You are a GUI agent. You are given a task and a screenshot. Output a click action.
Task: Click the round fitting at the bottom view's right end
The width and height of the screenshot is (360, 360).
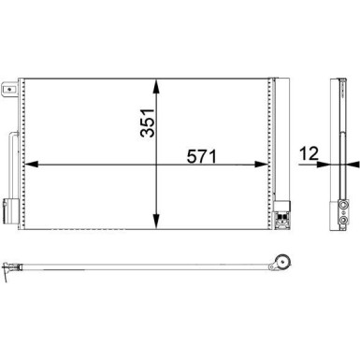point(280,265)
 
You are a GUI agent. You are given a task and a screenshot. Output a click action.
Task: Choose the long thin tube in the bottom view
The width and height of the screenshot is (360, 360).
point(140,271)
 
